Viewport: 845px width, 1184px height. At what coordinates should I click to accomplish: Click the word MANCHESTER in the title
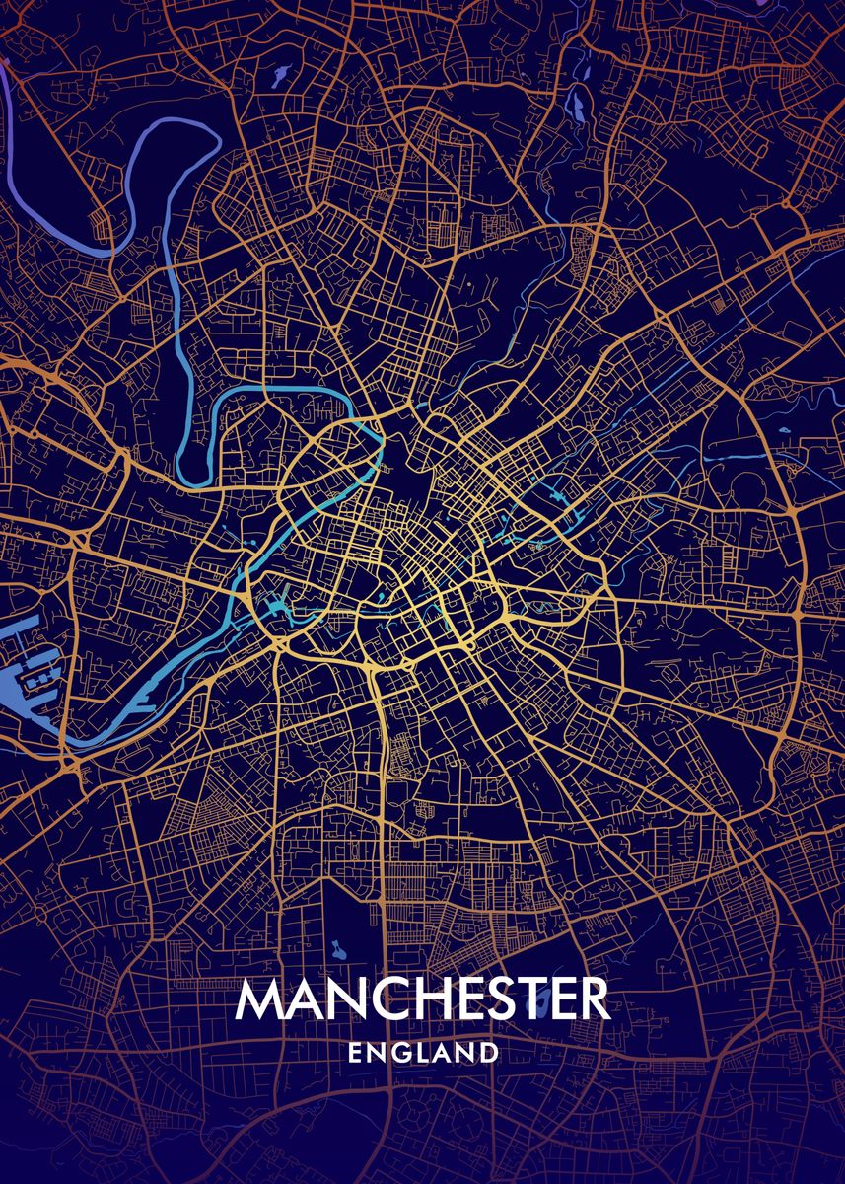point(422,999)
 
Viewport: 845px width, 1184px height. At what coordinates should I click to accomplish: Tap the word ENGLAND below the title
point(423,1053)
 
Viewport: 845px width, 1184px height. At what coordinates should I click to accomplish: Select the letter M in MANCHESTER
point(258,999)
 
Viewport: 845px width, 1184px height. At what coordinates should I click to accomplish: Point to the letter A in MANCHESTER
point(301,999)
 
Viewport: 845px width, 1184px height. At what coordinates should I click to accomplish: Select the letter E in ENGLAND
point(355,1053)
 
